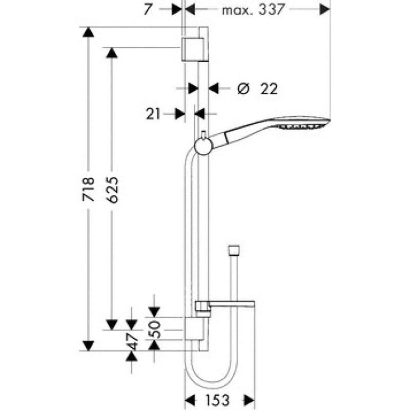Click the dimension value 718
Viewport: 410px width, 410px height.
click(x=88, y=189)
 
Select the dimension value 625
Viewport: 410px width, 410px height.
click(x=112, y=190)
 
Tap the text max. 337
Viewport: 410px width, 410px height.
click(x=253, y=10)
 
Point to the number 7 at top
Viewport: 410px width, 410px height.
click(x=148, y=9)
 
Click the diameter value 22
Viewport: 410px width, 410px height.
click(x=269, y=89)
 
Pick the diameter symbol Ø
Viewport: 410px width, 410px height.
click(x=243, y=89)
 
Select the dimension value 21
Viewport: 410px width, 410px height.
click(x=153, y=114)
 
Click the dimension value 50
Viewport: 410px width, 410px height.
click(x=154, y=330)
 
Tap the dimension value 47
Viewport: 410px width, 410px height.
click(x=132, y=341)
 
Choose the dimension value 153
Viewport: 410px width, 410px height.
click(x=217, y=400)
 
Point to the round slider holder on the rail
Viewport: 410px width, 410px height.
click(x=204, y=146)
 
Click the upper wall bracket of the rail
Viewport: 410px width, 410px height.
click(x=195, y=49)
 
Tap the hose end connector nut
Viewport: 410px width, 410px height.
click(x=234, y=250)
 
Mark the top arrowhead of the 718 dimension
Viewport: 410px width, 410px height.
click(x=88, y=32)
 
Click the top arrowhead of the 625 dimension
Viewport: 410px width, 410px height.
click(x=112, y=53)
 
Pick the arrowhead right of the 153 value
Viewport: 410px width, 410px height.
click(x=249, y=400)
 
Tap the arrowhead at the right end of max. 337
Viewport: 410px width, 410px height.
click(x=325, y=10)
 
